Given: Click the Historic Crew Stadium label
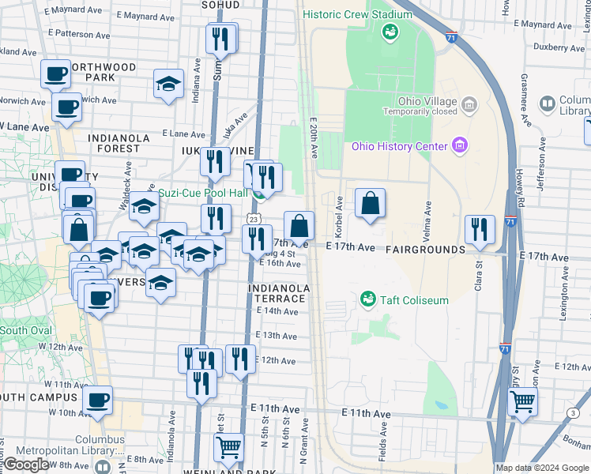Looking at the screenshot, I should [357, 14].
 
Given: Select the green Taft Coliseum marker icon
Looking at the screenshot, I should [367, 300].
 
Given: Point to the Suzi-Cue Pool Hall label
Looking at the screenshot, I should [203, 193].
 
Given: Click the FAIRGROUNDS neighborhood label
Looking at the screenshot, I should [425, 250].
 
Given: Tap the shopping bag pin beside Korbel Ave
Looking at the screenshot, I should [370, 204].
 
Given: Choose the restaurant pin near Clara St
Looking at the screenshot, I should [480, 231].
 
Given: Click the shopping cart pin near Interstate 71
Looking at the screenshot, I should [522, 402].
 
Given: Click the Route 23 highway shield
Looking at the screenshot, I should [252, 218].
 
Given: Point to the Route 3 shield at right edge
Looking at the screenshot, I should [572, 413].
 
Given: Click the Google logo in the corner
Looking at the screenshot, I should [27, 465].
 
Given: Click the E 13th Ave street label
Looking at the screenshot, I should [277, 336].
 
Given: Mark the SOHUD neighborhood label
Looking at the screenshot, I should [222, 5].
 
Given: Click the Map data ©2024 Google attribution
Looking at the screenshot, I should [542, 468].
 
